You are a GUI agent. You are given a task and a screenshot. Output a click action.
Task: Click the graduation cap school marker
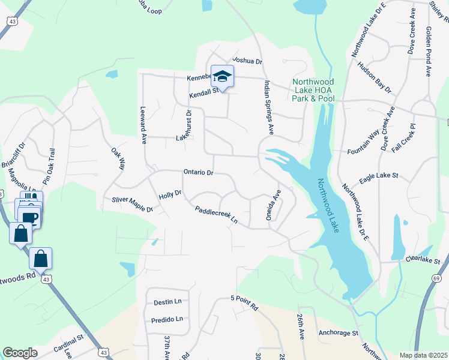click(222, 77)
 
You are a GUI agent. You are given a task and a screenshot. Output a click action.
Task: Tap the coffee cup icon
click(29, 217)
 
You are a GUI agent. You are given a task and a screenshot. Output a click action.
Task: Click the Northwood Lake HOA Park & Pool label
click(313, 90)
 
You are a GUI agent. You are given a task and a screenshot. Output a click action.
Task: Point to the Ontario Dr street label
click(198, 172)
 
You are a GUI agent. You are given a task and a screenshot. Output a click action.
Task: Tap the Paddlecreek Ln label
click(216, 216)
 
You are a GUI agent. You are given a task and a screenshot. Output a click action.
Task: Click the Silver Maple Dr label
click(132, 204)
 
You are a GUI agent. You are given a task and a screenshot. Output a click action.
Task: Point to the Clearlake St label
click(423, 262)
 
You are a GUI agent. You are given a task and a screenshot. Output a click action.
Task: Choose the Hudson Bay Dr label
click(374, 77)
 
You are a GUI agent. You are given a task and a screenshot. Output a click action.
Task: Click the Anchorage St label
click(339, 332)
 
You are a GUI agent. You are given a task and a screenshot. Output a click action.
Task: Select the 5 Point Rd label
click(244, 302)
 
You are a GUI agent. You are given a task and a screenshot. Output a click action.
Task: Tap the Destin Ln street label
click(167, 302)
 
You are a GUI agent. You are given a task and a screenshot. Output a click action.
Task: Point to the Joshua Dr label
click(247, 61)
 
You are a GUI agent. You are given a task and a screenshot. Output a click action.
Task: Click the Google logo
click(20, 353)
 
